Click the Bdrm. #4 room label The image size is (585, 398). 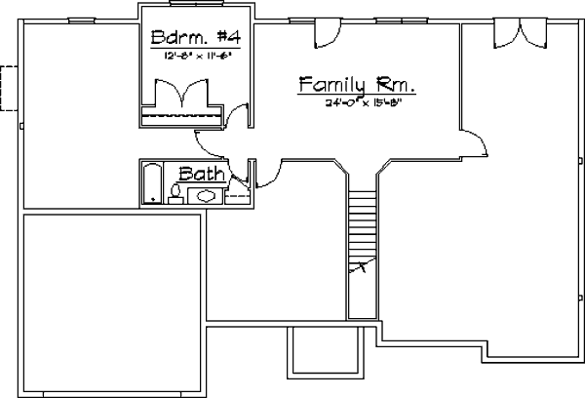pos(197,38)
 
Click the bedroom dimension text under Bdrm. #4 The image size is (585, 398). pos(197,58)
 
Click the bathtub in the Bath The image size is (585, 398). pos(151,183)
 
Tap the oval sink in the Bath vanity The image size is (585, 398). pos(207,196)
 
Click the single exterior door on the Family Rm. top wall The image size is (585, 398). pos(325,32)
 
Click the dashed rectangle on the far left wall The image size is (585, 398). pos(10,87)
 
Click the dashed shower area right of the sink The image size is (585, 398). pos(238,195)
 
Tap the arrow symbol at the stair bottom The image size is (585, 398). pos(363,264)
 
